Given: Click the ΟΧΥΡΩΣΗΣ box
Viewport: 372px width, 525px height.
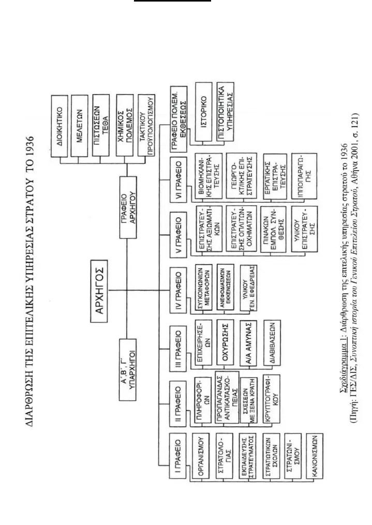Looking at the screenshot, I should pyautogui.click(x=226, y=342).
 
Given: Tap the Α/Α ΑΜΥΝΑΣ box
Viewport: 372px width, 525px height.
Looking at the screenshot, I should pyautogui.click(x=249, y=342).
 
